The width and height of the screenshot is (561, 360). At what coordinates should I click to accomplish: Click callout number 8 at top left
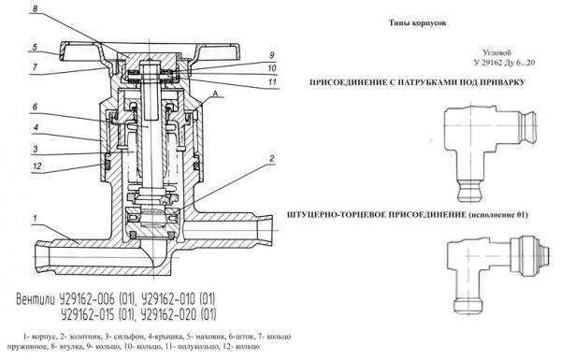(36, 7)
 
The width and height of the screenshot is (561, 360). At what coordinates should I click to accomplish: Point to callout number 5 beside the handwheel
(35, 48)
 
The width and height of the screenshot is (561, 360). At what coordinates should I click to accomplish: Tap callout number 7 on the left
(35, 67)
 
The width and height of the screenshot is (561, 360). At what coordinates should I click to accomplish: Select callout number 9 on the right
(272, 55)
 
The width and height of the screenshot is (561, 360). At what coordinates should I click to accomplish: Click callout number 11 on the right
(273, 82)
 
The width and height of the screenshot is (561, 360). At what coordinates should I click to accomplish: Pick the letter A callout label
(215, 94)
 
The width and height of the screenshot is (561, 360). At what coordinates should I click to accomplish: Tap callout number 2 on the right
(272, 159)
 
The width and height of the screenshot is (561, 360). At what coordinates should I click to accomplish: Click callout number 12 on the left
(36, 166)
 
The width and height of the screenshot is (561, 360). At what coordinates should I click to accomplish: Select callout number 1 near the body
(35, 218)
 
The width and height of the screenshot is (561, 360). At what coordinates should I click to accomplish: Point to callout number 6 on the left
(35, 107)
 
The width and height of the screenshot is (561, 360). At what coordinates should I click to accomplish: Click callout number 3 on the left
(36, 149)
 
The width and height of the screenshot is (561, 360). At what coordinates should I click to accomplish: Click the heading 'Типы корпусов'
(418, 23)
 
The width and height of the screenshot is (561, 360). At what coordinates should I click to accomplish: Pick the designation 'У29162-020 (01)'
(179, 315)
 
